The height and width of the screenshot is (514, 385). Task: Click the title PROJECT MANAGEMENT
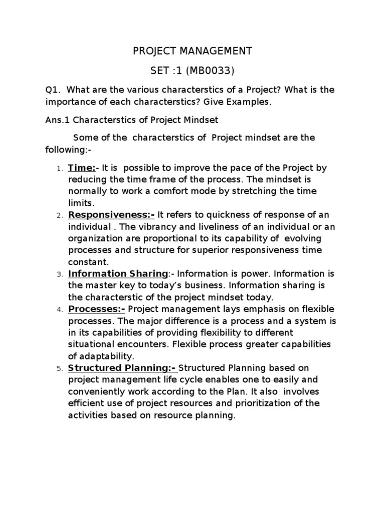[x=192, y=51]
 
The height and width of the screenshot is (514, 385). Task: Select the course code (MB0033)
[x=211, y=70]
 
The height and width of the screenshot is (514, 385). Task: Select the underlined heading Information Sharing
[x=118, y=274]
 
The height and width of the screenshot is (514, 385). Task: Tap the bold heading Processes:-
[x=97, y=308]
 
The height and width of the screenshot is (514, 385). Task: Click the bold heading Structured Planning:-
[x=123, y=367]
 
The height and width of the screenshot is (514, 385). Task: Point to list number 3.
[x=58, y=274]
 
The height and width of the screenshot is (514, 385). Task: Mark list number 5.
[x=58, y=368]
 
